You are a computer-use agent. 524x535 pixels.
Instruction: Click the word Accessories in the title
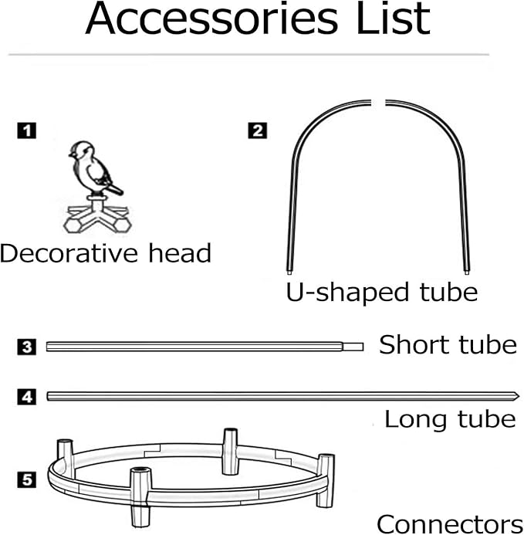coord(211,19)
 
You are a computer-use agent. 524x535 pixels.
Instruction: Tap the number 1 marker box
coord(26,130)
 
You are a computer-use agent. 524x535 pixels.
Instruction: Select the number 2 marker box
coord(258,130)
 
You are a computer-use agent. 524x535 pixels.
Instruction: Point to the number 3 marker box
coord(26,347)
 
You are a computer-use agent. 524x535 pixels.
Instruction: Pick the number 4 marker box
coord(26,397)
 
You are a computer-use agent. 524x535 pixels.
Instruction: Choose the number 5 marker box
coord(26,479)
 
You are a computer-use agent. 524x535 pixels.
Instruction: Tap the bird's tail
coord(114,188)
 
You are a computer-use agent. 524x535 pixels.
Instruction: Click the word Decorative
coord(69,253)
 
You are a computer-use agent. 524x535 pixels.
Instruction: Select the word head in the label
coord(180,252)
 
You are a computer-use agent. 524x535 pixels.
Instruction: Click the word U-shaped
coord(347,293)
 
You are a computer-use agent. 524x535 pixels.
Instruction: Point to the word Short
coord(415,344)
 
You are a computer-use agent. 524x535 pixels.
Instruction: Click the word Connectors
coord(450,524)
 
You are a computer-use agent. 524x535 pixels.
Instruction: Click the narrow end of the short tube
coord(353,347)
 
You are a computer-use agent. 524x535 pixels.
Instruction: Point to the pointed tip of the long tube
coord(519,397)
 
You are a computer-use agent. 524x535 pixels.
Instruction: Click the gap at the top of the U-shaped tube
coord(378,103)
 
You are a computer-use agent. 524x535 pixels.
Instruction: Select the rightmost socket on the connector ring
coord(326,480)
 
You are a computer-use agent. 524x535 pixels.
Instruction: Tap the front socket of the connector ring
coord(140,497)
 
